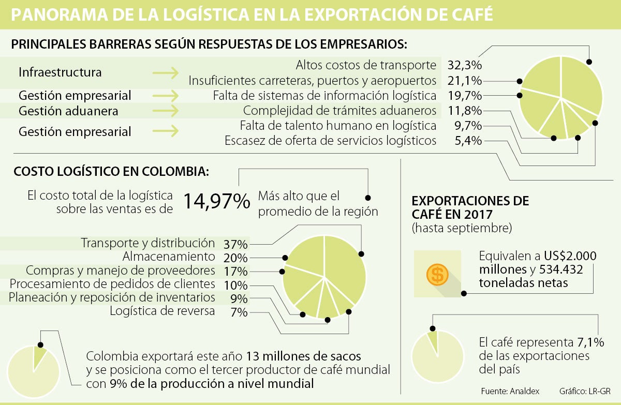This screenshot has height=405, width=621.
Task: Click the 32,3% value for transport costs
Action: [x=464, y=66]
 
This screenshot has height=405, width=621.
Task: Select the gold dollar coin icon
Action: [x=437, y=274]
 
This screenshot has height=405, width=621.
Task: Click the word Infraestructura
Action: [x=60, y=72]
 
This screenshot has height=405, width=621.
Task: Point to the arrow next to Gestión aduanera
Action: [x=166, y=111]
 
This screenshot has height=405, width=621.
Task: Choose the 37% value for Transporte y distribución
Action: [x=235, y=244]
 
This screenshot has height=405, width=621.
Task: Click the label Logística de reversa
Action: [x=162, y=311]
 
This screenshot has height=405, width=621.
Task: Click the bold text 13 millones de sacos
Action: [x=304, y=356]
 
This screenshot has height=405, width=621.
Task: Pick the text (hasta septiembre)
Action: [x=462, y=228]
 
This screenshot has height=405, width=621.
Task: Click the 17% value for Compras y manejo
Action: [x=235, y=271]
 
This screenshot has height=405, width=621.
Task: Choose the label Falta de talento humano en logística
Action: [x=338, y=126]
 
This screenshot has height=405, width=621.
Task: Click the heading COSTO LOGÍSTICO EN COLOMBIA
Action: [x=111, y=171]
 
